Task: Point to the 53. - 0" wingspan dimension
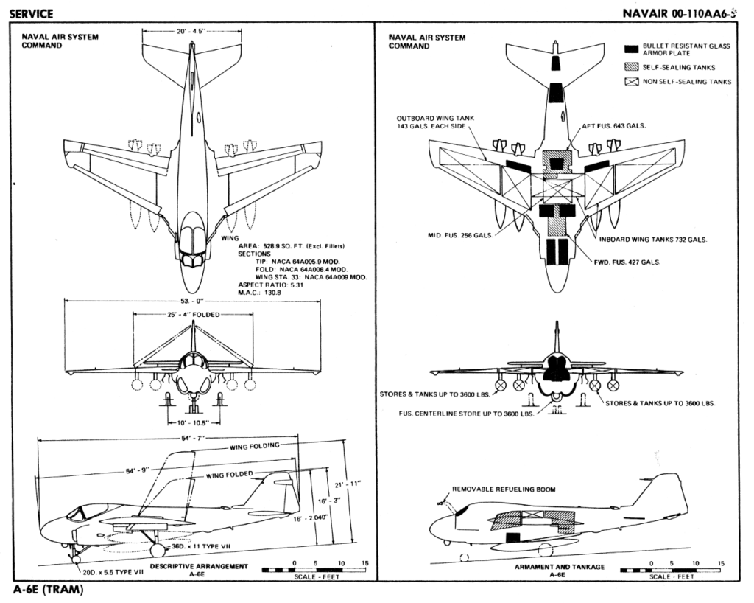point(191,301)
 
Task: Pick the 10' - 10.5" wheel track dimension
point(192,422)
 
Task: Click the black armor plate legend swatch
point(631,49)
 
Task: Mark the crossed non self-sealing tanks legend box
point(631,82)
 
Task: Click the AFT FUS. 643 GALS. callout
point(615,126)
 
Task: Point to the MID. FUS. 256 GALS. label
point(459,236)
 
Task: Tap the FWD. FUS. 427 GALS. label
point(627,262)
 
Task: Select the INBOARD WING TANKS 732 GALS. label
point(659,239)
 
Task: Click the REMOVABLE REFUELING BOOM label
point(504,489)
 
